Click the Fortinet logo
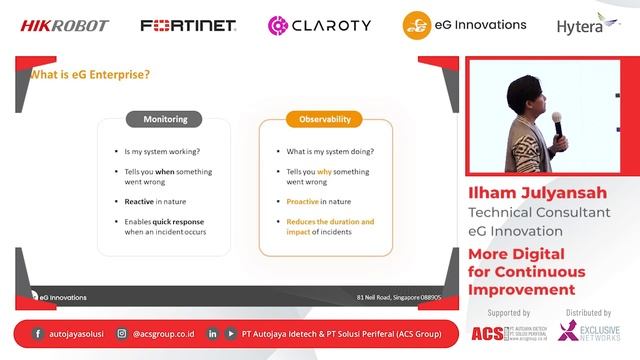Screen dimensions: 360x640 click(188, 25)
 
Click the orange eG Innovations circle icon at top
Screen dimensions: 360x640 click(417, 25)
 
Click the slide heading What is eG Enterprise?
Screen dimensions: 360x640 click(90, 73)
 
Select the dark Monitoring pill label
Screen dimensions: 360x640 click(164, 119)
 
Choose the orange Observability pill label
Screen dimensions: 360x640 click(325, 119)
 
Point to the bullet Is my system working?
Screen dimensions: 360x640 click(162, 152)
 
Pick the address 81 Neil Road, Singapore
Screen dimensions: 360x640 click(399, 297)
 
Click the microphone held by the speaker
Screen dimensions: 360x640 click(556, 121)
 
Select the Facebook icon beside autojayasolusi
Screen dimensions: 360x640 click(38, 334)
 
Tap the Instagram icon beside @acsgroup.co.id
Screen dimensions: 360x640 click(121, 334)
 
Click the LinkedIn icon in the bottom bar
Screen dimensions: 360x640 click(213, 334)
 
